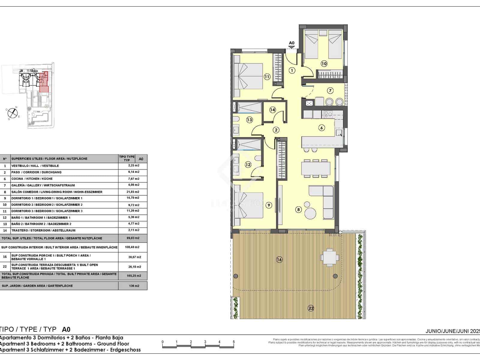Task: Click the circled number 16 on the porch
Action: tap(279, 259)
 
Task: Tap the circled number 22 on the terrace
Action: tap(311, 308)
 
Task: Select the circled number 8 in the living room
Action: tap(298, 210)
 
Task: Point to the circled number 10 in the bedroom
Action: tap(324, 63)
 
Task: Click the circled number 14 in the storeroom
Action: tap(272, 110)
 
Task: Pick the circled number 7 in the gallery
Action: tap(330, 90)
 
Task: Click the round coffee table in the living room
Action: tap(310, 214)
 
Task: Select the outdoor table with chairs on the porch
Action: tap(330, 257)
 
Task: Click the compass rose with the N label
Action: tap(12, 112)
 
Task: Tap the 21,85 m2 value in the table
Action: tap(133, 192)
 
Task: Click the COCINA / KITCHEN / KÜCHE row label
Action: tap(32, 179)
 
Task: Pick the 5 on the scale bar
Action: tap(234, 342)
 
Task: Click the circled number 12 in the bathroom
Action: tap(248, 164)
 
